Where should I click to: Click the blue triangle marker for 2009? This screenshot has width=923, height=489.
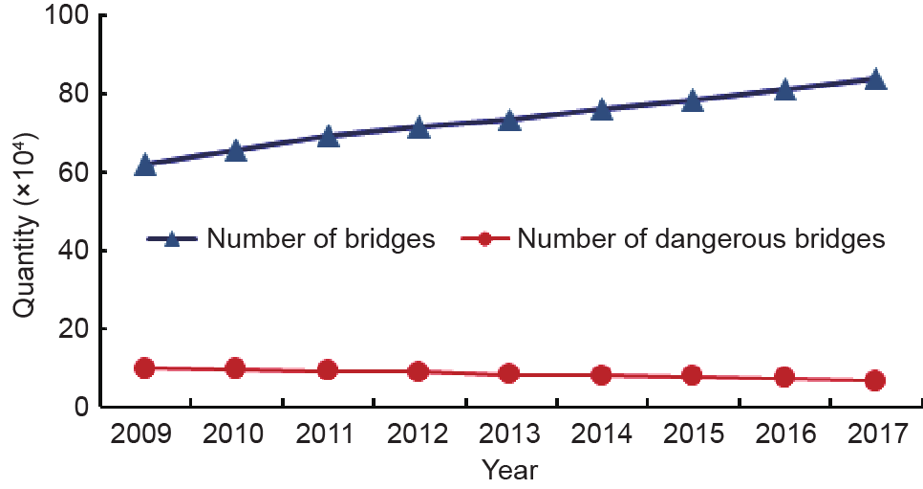tap(145, 166)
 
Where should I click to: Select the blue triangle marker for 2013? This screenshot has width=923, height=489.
tap(509, 121)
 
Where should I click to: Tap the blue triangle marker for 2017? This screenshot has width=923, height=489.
tap(874, 79)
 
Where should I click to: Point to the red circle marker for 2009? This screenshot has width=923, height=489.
tap(144, 368)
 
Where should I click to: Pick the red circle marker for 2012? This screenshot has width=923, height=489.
tap(418, 371)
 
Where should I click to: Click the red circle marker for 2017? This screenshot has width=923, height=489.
tap(874, 380)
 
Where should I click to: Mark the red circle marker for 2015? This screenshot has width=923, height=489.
tap(692, 375)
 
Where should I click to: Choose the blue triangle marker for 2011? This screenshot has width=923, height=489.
tap(328, 137)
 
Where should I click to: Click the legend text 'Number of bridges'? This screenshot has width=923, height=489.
tap(321, 239)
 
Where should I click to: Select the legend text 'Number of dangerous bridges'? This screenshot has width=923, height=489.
tap(701, 239)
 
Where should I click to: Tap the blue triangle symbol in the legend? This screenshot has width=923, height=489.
tap(173, 239)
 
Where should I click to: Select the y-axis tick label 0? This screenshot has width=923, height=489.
tap(80, 408)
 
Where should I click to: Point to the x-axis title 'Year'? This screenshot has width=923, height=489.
tap(509, 470)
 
